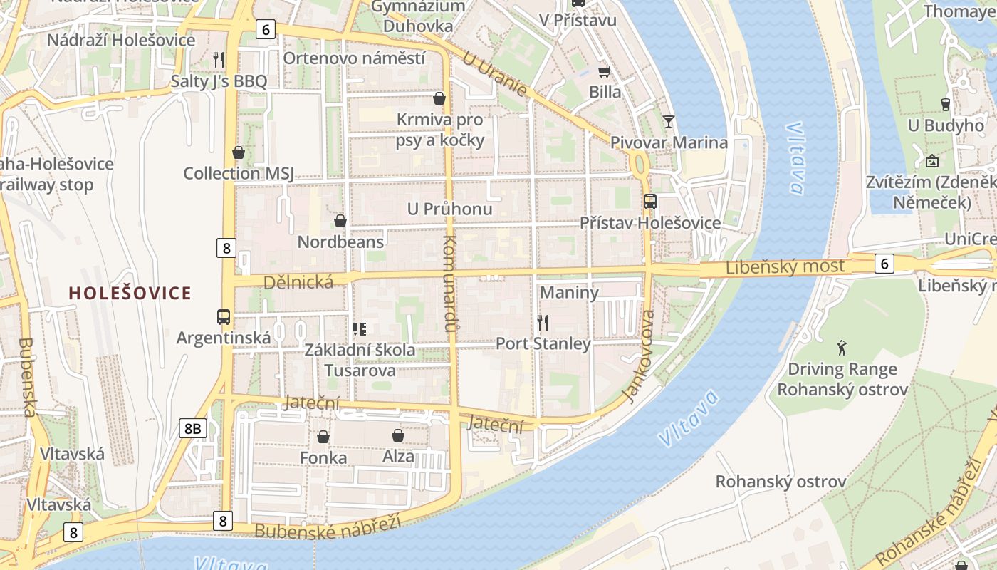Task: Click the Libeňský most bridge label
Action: (785, 268)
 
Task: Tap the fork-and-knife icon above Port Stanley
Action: (543, 323)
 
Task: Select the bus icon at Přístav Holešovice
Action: (649, 202)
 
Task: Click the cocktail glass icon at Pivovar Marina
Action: (668, 121)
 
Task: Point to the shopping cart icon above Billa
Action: (604, 71)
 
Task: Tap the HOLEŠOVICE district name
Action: (130, 293)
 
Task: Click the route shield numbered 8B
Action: (192, 428)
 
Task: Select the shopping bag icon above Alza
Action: (398, 435)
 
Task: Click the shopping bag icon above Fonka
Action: (323, 437)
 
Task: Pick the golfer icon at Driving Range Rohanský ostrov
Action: (842, 348)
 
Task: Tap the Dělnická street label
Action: (298, 282)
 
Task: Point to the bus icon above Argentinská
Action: (223, 316)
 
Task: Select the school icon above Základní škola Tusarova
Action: (360, 328)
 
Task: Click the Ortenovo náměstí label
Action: (354, 58)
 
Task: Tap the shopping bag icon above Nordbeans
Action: (340, 221)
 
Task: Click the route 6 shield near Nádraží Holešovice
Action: (266, 29)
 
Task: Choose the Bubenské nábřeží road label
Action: (327, 526)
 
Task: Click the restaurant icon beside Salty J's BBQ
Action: (219, 60)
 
